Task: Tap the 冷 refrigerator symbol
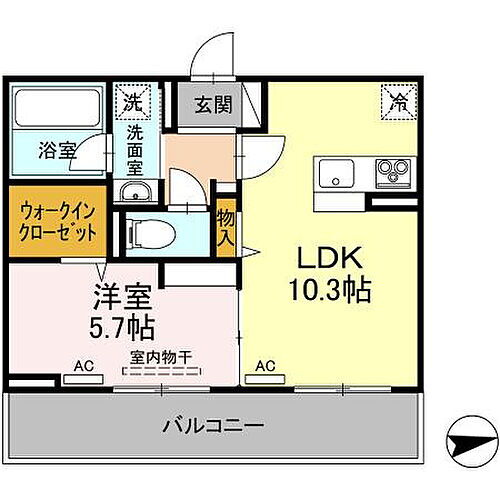point(396,100)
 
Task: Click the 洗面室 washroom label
point(136,141)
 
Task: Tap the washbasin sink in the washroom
point(133,192)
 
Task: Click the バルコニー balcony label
point(213,425)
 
